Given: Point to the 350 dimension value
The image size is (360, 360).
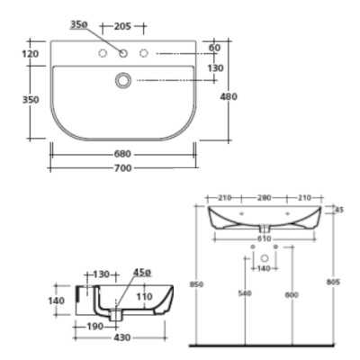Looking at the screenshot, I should (31, 100).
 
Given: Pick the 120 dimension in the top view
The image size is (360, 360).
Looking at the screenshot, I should (31, 54).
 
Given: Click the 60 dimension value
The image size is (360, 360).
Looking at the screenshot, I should (214, 48).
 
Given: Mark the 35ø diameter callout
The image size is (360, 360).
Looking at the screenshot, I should (78, 25).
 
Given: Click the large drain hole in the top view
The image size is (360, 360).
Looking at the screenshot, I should (122, 81).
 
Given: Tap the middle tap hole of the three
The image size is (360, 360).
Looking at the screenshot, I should (122, 55).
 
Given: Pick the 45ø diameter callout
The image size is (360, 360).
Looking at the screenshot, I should (142, 273).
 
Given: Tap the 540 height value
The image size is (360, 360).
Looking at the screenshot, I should (244, 294).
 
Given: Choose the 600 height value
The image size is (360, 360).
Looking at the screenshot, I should (289, 294).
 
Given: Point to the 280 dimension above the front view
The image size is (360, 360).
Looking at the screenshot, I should (264, 197).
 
